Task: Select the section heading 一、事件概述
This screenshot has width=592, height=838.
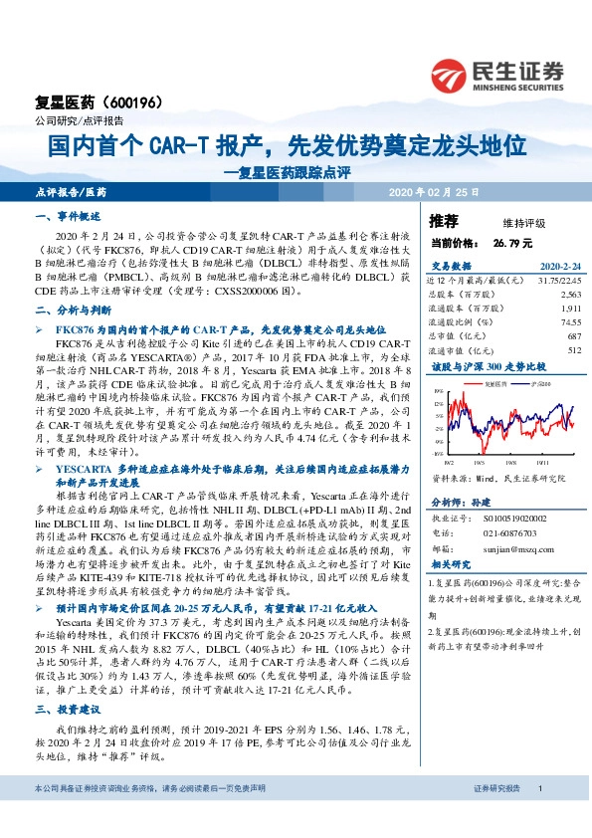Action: (x=69, y=216)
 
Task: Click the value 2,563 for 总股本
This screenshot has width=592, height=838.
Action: (x=569, y=296)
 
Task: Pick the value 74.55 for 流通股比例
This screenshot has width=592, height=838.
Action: (x=568, y=322)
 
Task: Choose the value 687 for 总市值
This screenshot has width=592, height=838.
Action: (x=572, y=336)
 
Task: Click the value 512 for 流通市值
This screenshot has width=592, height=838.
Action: (x=572, y=350)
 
